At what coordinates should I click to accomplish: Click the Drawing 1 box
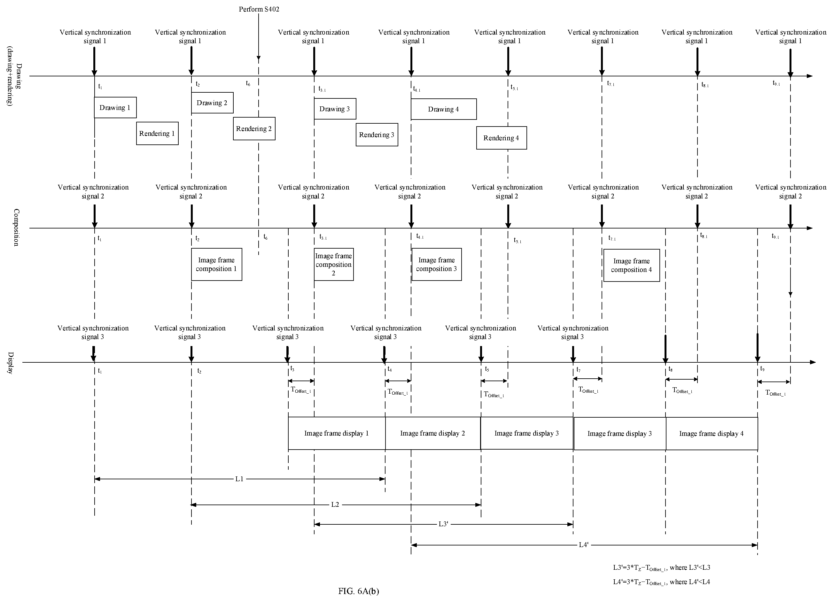click(x=115, y=108)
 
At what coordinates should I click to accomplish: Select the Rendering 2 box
click(x=254, y=128)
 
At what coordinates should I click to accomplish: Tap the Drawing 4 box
click(x=444, y=109)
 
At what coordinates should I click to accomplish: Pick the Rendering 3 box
click(x=377, y=135)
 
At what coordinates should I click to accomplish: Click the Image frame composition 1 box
click(x=217, y=264)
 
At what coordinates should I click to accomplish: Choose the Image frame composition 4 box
click(x=632, y=266)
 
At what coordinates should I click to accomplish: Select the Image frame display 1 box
click(x=337, y=433)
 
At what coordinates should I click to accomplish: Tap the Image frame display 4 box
click(x=712, y=434)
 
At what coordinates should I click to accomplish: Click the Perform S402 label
click(x=259, y=9)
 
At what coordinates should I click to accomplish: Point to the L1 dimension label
click(x=239, y=479)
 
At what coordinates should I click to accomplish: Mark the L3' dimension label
click(x=443, y=524)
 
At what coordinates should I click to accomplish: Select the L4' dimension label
click(x=584, y=545)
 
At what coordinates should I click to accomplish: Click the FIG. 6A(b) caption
click(x=358, y=591)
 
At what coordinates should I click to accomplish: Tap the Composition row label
click(x=17, y=228)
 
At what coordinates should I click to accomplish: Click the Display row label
click(x=11, y=363)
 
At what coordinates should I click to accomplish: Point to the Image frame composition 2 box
click(x=334, y=264)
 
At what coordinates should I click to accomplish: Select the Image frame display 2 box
click(x=433, y=433)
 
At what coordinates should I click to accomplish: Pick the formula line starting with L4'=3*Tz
click(x=661, y=582)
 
